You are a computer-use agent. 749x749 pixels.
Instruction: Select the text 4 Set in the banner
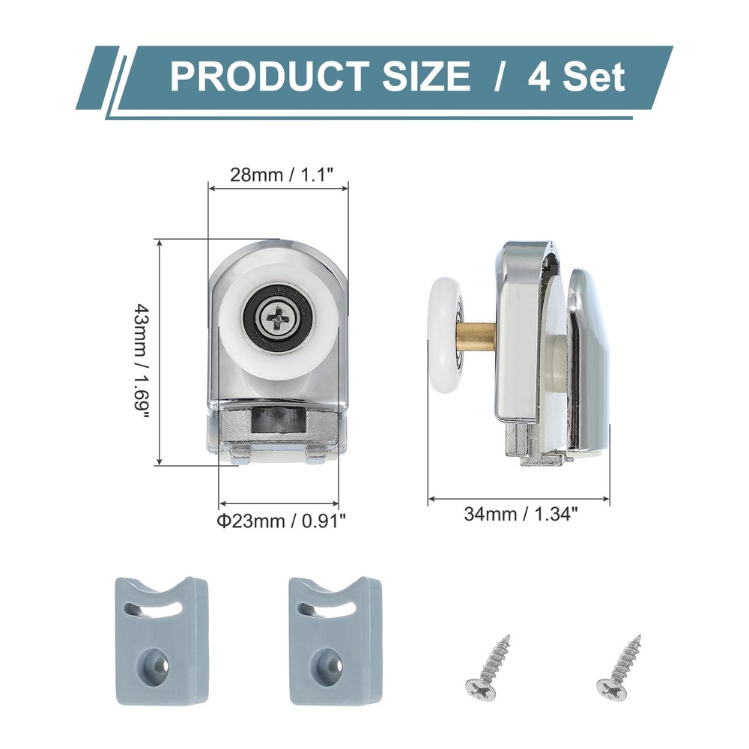576,76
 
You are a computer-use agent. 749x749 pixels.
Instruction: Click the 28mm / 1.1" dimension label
277,177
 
